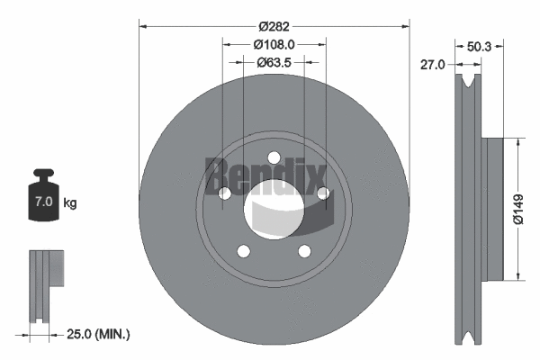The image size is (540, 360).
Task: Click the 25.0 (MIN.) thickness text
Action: click(x=99, y=334)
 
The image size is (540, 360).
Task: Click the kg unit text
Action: click(x=70, y=203)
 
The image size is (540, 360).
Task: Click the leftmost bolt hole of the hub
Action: click(x=224, y=193)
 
